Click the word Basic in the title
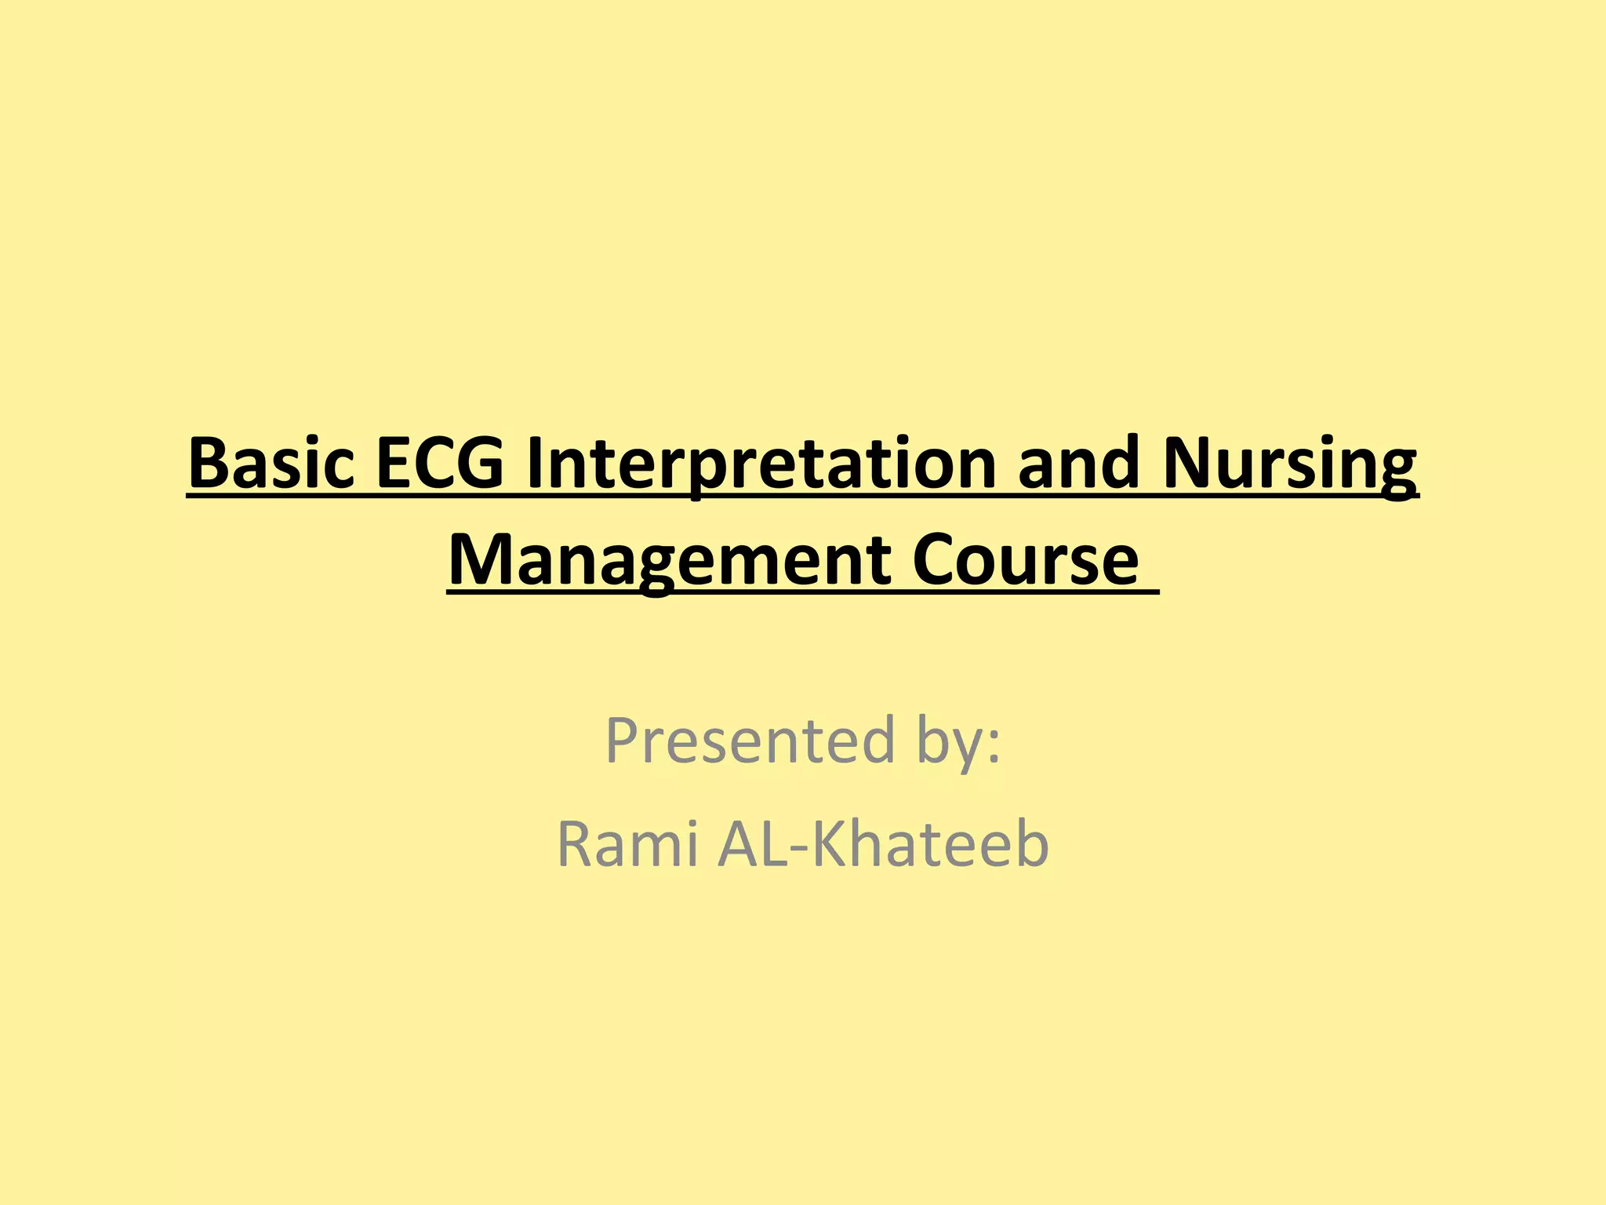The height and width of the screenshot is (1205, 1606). click(x=271, y=464)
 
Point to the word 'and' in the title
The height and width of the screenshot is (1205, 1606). click(x=1077, y=464)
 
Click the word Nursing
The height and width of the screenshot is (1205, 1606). click(x=1290, y=465)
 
